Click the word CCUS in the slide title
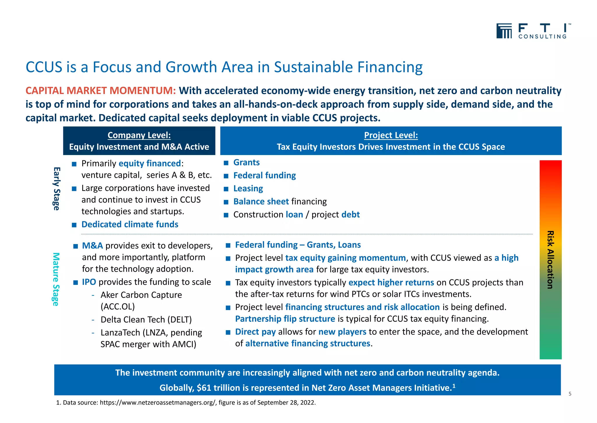click(44, 67)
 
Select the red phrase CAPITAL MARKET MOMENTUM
click(101, 91)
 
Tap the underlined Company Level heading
click(139, 135)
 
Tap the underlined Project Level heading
click(391, 135)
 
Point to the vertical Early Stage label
click(57, 189)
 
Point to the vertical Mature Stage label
click(56, 279)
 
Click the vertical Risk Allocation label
click(550, 260)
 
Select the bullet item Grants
click(246, 162)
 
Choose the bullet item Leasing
click(248, 189)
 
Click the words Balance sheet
click(261, 201)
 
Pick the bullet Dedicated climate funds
click(130, 224)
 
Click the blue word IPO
click(89, 282)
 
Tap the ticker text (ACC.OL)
click(117, 307)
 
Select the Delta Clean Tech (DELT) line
click(146, 320)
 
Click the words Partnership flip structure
click(285, 319)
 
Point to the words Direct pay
click(255, 332)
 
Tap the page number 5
click(570, 394)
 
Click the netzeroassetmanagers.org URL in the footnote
click(158, 403)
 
